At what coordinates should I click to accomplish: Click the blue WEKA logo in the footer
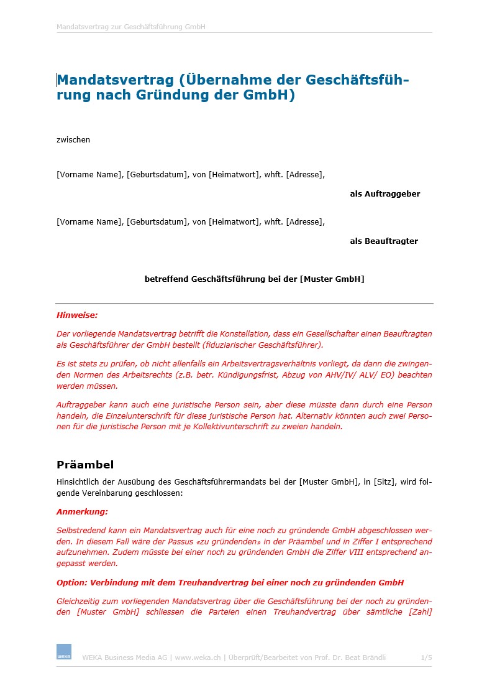coord(64,651)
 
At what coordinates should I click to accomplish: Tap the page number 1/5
coord(426,657)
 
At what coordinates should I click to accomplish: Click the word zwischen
coord(73,140)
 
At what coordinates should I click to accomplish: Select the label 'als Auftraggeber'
coord(385,194)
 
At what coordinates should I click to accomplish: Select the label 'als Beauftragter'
coord(384,241)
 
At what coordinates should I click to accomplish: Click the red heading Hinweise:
coord(77,315)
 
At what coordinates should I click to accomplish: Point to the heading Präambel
coord(85,465)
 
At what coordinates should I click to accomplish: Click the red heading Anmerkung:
coord(82,512)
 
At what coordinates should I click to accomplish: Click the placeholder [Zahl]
coord(420,612)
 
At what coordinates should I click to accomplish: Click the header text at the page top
coord(131,27)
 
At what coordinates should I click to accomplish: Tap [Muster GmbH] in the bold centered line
coord(332,279)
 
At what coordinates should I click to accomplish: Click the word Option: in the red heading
coord(72,583)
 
